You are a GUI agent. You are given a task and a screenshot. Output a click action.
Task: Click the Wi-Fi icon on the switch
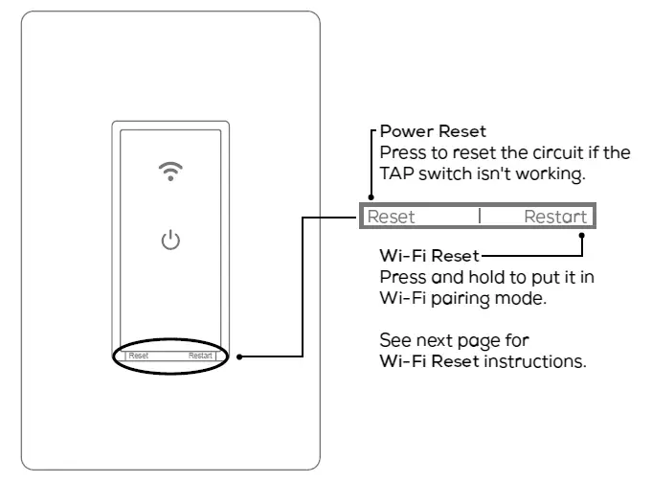(170, 171)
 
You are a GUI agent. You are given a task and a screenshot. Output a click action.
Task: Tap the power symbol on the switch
(170, 240)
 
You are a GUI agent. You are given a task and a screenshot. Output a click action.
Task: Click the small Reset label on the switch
(139, 356)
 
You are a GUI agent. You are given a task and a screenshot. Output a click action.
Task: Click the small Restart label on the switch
(200, 356)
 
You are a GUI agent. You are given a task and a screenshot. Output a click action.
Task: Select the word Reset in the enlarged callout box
(392, 217)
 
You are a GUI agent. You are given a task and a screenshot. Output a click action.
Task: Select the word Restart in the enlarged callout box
(555, 217)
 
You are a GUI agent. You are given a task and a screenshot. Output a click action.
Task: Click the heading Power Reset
(433, 131)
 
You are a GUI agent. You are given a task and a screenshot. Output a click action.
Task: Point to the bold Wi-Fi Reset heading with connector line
(429, 257)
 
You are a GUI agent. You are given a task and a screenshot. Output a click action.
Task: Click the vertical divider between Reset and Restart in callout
(480, 217)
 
